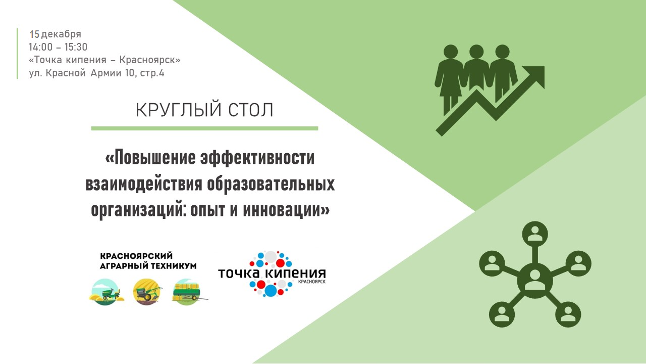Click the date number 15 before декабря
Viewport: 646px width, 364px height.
click(34, 34)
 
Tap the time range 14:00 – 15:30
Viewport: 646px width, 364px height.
click(58, 47)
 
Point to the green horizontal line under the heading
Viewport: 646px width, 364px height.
click(204, 128)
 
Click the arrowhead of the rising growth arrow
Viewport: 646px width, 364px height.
click(535, 75)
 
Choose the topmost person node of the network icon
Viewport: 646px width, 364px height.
click(534, 234)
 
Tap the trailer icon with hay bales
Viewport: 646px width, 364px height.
click(188, 293)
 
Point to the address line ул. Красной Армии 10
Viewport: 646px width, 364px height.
click(96, 73)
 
